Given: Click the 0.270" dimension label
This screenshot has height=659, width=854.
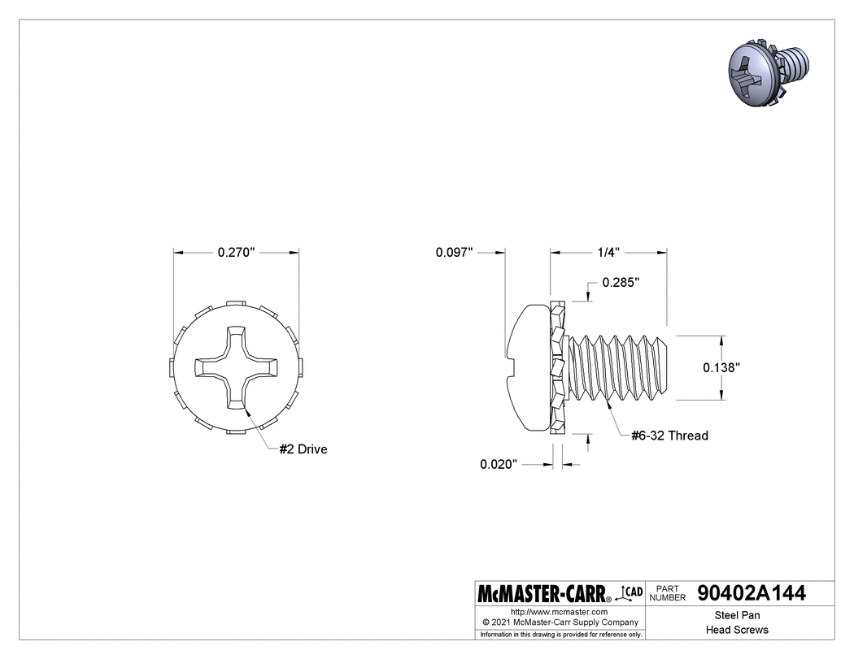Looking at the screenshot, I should (x=237, y=253).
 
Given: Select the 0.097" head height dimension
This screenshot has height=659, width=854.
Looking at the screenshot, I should (x=454, y=253).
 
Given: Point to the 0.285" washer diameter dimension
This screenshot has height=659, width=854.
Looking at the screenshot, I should (x=621, y=283).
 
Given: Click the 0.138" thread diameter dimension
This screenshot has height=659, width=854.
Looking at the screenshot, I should (x=721, y=367).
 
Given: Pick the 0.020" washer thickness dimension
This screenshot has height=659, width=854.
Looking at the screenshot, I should (x=499, y=464).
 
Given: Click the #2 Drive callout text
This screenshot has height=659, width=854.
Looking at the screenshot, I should (x=303, y=449).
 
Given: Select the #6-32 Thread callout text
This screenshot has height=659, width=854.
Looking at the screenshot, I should (x=669, y=436).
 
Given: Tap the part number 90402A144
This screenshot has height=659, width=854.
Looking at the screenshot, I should (x=752, y=593).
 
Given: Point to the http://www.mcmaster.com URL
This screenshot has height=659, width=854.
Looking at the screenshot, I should (x=559, y=611).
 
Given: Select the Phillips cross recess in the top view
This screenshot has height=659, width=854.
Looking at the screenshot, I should (x=237, y=366).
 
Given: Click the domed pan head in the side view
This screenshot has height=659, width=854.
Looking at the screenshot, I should (x=527, y=366).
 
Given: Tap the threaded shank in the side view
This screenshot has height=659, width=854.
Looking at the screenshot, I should (x=622, y=366).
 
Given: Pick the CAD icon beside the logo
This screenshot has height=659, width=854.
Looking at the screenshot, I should (x=631, y=593).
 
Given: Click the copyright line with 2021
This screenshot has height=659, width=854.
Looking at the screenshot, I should (x=559, y=622).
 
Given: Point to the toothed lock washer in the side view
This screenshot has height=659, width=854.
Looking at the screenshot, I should (x=558, y=367).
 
